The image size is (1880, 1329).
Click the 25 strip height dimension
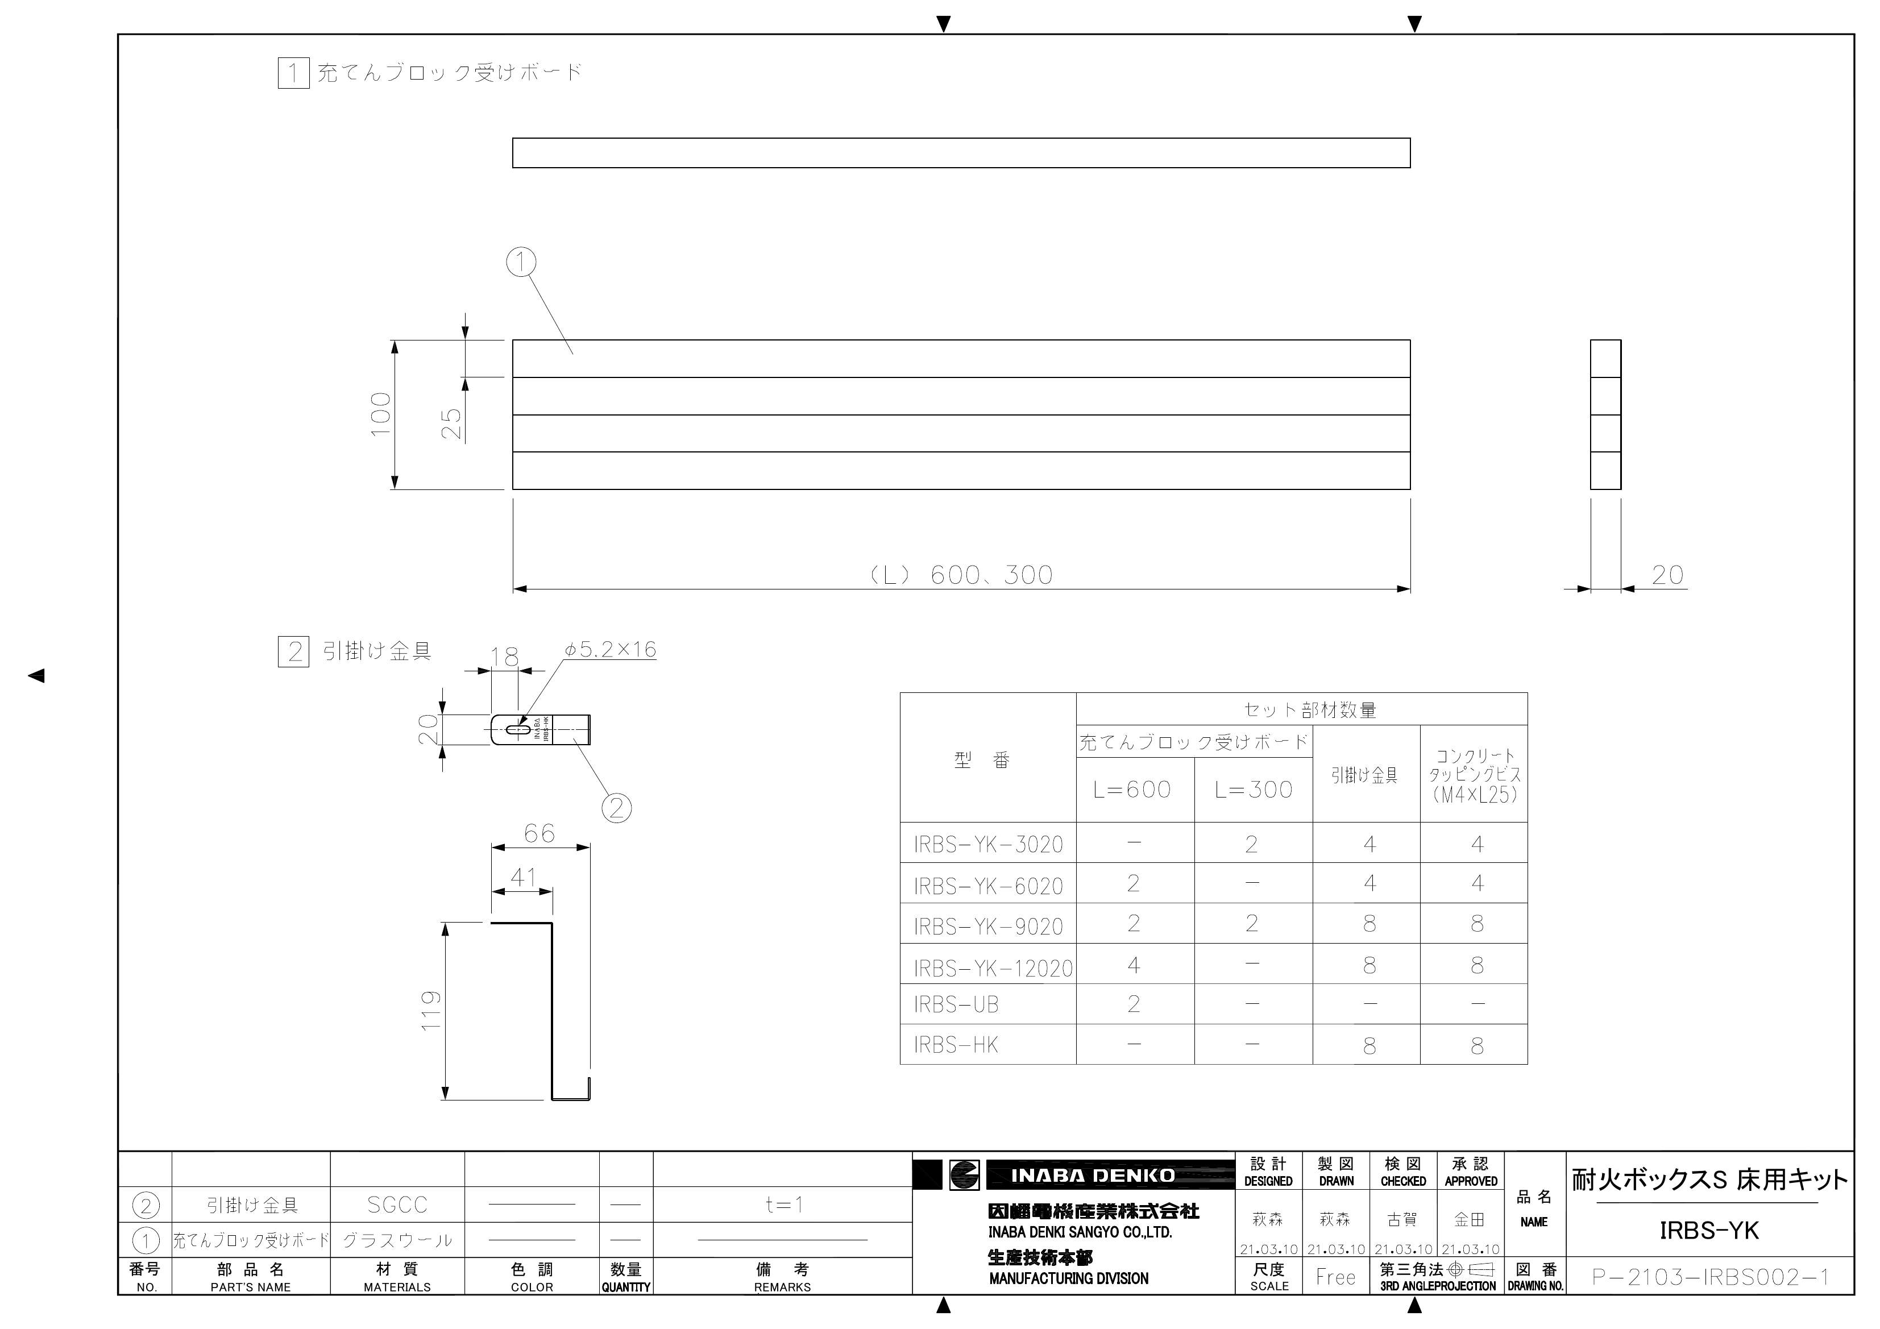[x=452, y=423]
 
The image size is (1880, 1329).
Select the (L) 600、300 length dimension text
[x=961, y=575]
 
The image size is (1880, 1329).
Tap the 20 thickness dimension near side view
[x=1667, y=575]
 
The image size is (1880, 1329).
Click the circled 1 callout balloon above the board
[x=521, y=262]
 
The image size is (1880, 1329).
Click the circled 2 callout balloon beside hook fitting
[x=617, y=808]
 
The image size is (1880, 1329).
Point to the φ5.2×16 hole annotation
[x=610, y=649]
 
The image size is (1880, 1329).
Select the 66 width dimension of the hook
[x=539, y=833]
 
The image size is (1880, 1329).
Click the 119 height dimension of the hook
[x=431, y=1011]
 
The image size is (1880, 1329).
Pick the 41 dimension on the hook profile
[x=522, y=877]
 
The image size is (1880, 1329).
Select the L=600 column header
[x=1132, y=790]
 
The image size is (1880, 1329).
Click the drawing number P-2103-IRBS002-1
[x=1709, y=1277]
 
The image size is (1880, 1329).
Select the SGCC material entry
[x=397, y=1205]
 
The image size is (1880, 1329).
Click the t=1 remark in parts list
[x=783, y=1205]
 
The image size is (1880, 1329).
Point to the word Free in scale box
[x=1335, y=1277]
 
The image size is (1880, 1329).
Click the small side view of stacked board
[x=1605, y=414]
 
